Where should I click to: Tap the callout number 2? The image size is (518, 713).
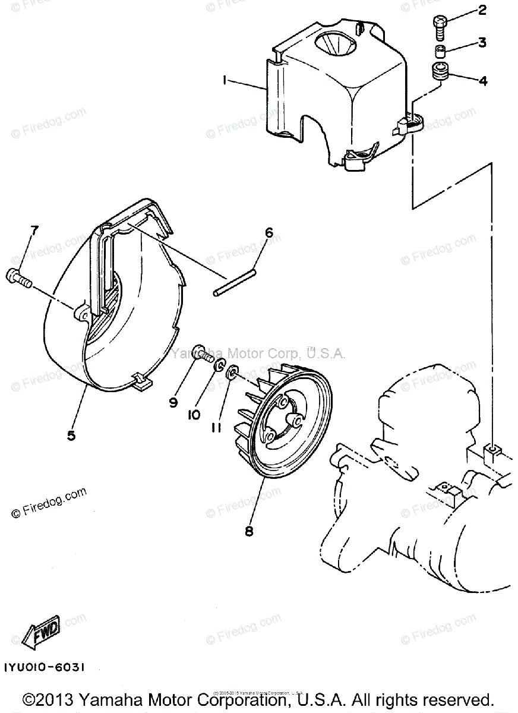(482, 10)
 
